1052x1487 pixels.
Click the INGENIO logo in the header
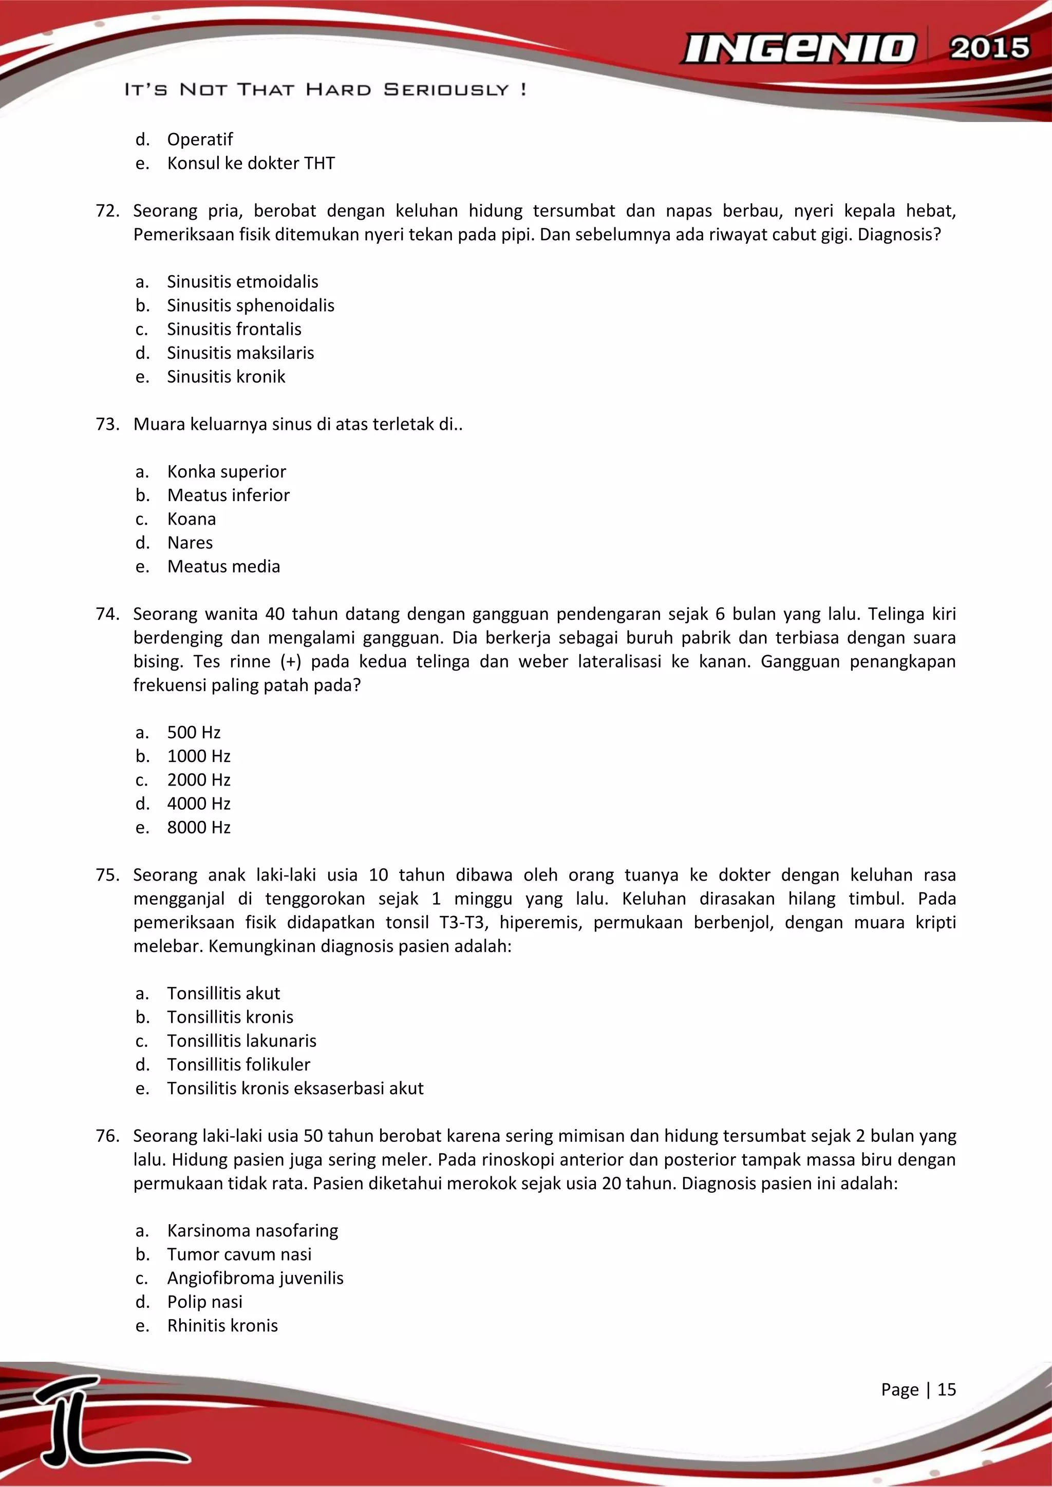coord(798,49)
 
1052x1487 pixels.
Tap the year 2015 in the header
coord(989,49)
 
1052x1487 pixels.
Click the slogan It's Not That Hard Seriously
coord(325,89)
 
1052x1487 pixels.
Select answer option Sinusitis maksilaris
coord(240,353)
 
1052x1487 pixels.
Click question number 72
coord(107,211)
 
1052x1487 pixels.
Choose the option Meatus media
coord(223,567)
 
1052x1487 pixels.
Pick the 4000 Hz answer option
coord(199,804)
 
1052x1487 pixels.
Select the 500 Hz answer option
coord(194,733)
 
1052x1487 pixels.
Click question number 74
coord(107,614)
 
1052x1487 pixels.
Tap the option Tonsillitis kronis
coord(230,1018)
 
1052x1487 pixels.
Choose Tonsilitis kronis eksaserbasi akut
coord(295,1089)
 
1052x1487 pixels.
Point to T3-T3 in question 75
coord(461,922)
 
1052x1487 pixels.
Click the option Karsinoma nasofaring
coord(253,1231)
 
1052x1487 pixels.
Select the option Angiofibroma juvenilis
coord(255,1279)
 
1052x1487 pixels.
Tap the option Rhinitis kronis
coord(222,1326)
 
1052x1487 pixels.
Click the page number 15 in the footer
coord(946,1390)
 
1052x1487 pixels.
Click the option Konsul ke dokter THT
coord(251,163)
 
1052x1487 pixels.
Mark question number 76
coord(107,1136)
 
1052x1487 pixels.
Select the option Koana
coord(191,520)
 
